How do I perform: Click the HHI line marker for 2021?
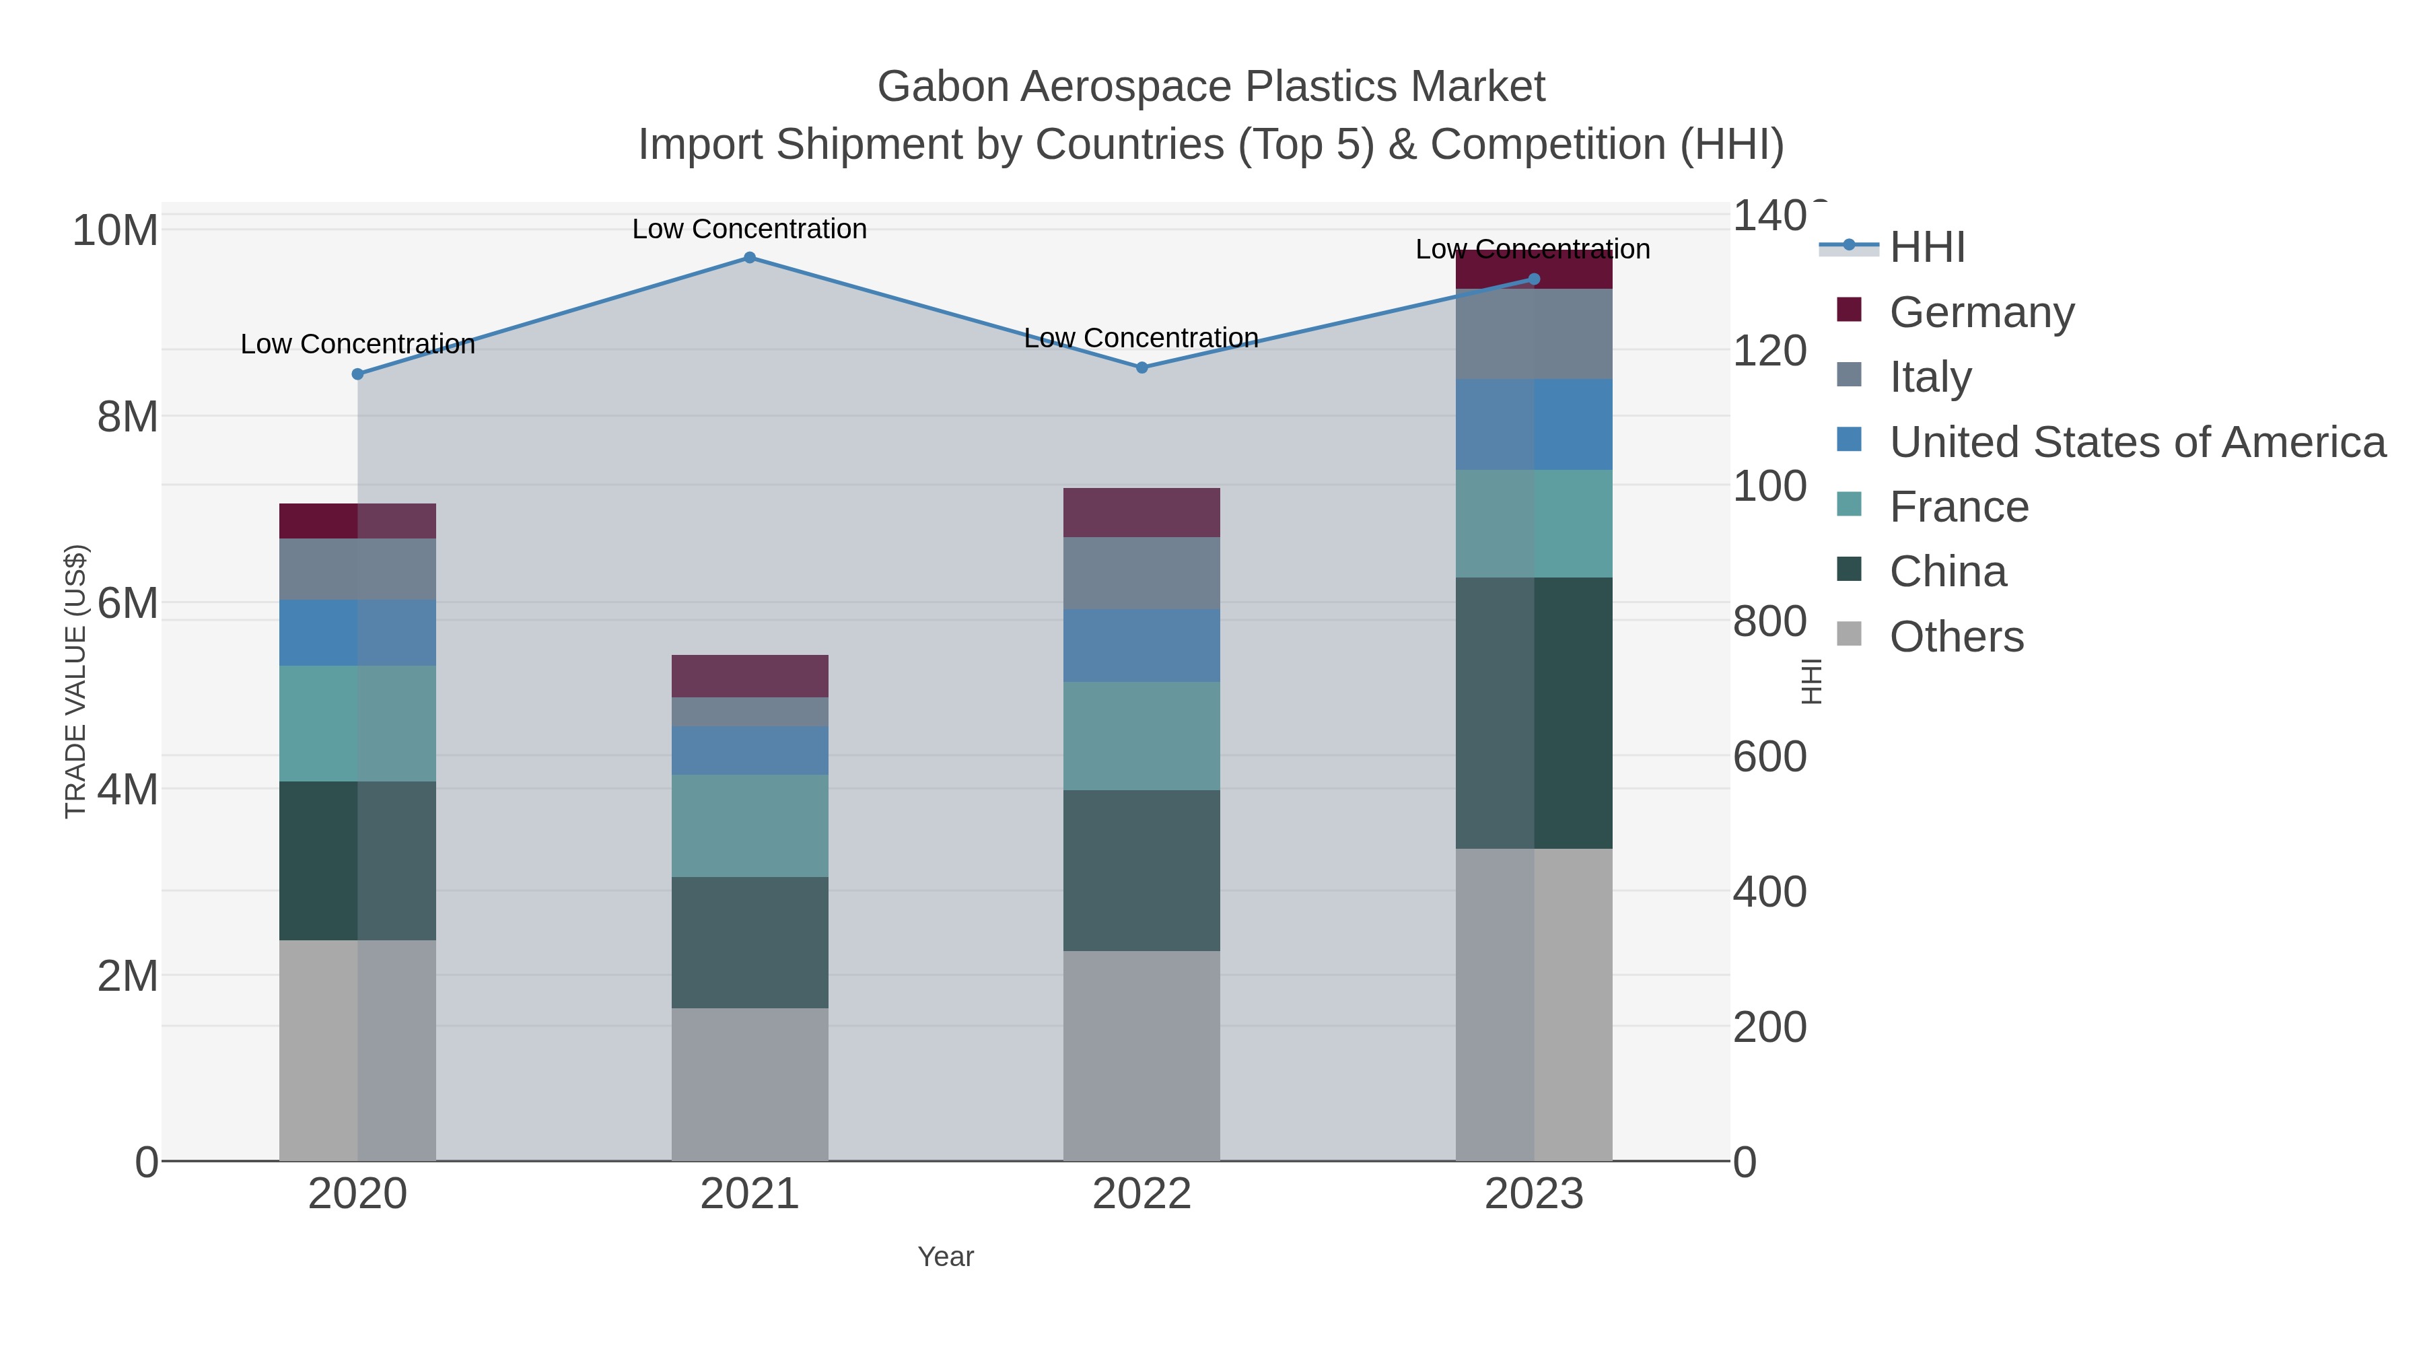pyautogui.click(x=750, y=258)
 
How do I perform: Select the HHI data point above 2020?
pyautogui.click(x=357, y=374)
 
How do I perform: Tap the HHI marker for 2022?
pyautogui.click(x=1142, y=368)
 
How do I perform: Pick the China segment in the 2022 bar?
pyautogui.click(x=1142, y=870)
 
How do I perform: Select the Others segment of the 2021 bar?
pyautogui.click(x=750, y=1084)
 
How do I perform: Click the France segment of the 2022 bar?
pyautogui.click(x=1142, y=736)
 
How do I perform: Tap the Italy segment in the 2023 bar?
pyautogui.click(x=1534, y=334)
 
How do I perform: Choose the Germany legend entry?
pyautogui.click(x=1981, y=312)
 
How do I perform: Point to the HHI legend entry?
pyautogui.click(x=1926, y=248)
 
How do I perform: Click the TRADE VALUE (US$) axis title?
pyautogui.click(x=75, y=681)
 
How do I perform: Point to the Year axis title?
pyautogui.click(x=946, y=1257)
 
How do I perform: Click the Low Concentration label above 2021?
pyautogui.click(x=750, y=229)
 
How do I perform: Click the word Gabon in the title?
pyautogui.click(x=944, y=87)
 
